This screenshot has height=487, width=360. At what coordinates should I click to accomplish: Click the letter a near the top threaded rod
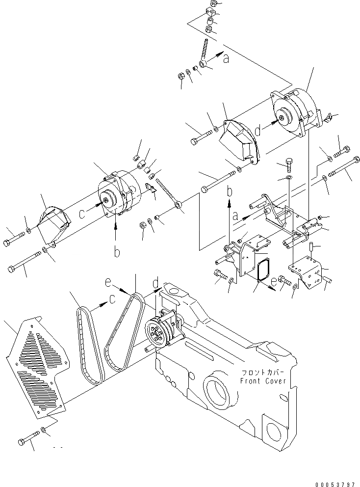(226, 59)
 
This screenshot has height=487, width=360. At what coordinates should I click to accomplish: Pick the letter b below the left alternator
(117, 252)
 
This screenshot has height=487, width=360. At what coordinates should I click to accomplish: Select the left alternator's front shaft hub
(107, 200)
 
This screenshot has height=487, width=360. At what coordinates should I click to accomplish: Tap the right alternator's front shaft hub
(283, 118)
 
